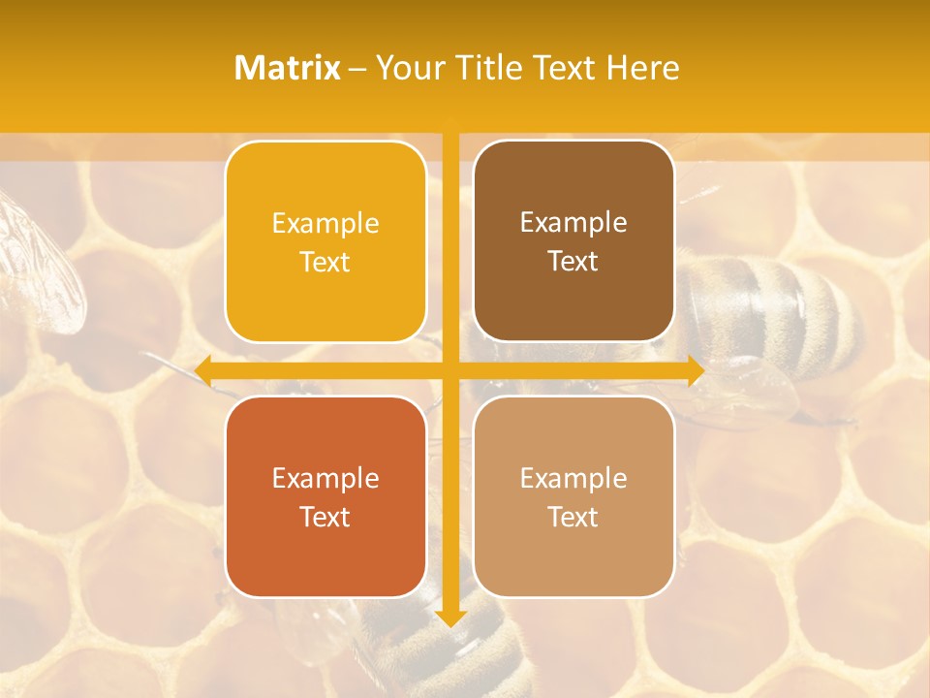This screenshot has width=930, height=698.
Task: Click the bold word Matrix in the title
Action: coord(288,68)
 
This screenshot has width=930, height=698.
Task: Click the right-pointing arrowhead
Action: coord(695,370)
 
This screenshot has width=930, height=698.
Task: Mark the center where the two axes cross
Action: coord(450,370)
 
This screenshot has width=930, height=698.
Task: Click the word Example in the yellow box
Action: coord(325,223)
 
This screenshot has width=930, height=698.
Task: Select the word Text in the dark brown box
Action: coord(573,262)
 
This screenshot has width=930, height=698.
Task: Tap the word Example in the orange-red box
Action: coord(325,478)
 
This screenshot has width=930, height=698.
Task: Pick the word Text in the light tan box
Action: coord(573,517)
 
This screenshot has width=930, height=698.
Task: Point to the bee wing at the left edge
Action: coord(39,257)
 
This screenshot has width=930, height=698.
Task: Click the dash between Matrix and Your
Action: coord(357,69)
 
